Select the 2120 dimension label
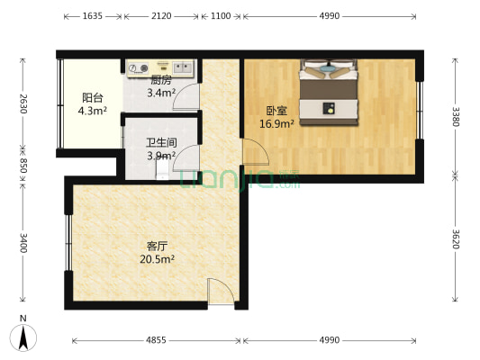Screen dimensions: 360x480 [x=163, y=16]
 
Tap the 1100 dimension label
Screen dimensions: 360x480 [x=221, y=16]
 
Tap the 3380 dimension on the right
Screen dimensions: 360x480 [x=456, y=116]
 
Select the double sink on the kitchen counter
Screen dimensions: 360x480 [x=182, y=67]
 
